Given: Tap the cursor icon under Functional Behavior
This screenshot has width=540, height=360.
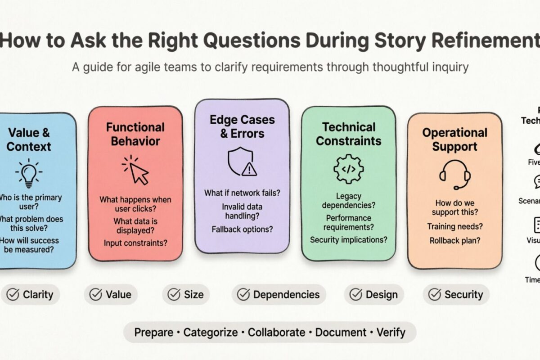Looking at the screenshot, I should tap(135, 170).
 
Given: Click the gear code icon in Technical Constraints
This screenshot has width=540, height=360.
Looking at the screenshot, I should tap(348, 169).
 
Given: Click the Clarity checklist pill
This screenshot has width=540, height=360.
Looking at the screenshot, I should tap(30, 295).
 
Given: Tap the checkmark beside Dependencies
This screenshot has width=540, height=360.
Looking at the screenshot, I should tap(243, 295).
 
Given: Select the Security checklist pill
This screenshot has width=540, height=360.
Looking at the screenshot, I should tap(456, 295).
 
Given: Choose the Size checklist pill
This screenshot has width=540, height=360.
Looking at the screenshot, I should tap(185, 295).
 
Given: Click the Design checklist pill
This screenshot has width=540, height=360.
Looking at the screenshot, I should tap(373, 295).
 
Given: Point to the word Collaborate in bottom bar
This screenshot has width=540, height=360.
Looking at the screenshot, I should tap(276, 333).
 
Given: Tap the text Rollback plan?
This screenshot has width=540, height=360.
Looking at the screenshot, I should tap(454, 240).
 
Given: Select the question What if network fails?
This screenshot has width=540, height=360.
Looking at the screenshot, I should tap(242, 193).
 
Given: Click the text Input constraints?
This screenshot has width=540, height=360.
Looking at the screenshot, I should tap(135, 243).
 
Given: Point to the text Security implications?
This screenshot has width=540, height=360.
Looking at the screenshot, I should tap(348, 239).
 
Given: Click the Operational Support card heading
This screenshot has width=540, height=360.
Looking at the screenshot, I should tap(454, 139).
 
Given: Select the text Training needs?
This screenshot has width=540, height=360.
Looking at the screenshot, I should tap(454, 226).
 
